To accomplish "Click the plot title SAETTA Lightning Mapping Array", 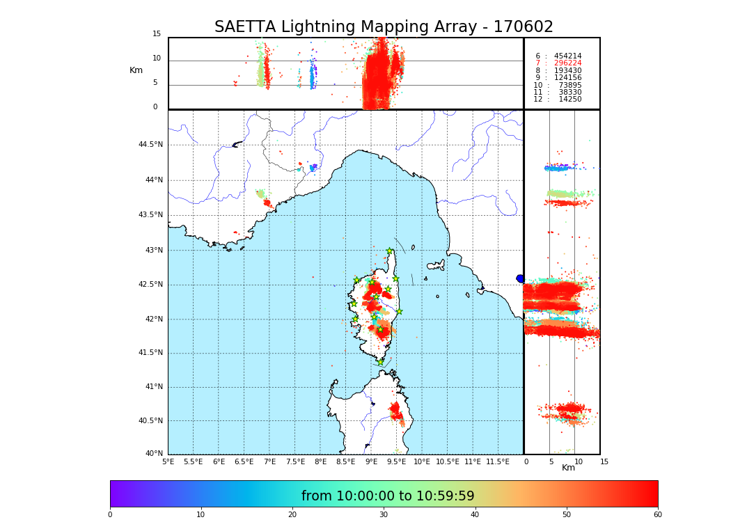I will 384,27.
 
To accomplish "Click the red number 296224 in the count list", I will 567,63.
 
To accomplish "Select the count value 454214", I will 567,56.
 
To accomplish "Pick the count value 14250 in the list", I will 569,100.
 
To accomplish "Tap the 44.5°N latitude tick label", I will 150,145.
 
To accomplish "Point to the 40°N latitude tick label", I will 154,454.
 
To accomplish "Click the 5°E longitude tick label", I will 168,461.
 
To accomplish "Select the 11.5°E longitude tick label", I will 498,461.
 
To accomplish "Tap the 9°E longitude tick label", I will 371,461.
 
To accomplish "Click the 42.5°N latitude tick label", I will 150,285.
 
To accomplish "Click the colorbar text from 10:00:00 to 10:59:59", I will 388,496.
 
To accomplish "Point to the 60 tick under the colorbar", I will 657,515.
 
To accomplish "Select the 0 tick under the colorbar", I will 110,515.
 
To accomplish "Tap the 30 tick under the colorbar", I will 384,515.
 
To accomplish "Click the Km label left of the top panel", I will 136,70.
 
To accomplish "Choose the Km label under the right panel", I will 568,468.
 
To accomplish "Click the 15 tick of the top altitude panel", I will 157,34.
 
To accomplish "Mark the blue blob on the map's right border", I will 520,278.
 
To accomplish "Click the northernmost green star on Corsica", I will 389,251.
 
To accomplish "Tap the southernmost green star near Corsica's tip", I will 380,362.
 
